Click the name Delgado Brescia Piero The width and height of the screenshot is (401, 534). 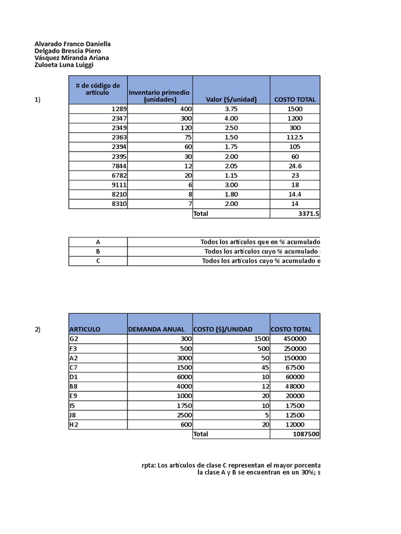click(x=67, y=51)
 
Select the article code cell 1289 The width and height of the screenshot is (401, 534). click(x=119, y=109)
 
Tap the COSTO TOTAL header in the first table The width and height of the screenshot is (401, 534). click(x=294, y=99)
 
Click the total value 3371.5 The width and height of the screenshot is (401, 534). click(x=308, y=213)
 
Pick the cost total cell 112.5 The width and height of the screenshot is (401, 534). click(x=294, y=137)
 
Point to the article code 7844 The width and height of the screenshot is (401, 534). click(x=119, y=165)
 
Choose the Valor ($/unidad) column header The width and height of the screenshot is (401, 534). click(x=231, y=99)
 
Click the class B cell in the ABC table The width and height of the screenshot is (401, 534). click(x=98, y=251)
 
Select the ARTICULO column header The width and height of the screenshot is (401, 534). click(x=85, y=329)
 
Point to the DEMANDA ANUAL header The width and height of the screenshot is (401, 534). click(x=156, y=329)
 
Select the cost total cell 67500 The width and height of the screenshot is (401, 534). click(x=294, y=367)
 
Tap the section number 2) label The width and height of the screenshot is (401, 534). click(x=38, y=329)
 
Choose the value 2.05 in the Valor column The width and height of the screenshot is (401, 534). click(x=231, y=165)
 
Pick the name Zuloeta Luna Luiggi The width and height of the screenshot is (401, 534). click(x=64, y=65)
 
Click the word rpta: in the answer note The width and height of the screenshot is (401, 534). click(x=149, y=464)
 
